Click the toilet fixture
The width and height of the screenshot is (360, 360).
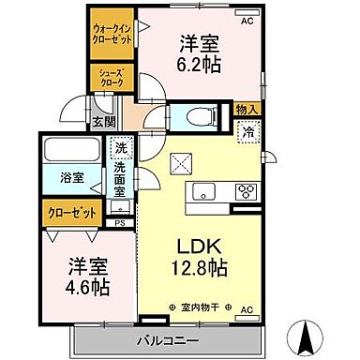(x=198, y=116)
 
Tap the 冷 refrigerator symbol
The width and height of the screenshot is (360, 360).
(x=248, y=132)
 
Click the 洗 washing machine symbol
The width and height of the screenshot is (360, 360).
(x=121, y=148)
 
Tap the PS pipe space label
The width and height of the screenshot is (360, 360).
(x=119, y=223)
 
